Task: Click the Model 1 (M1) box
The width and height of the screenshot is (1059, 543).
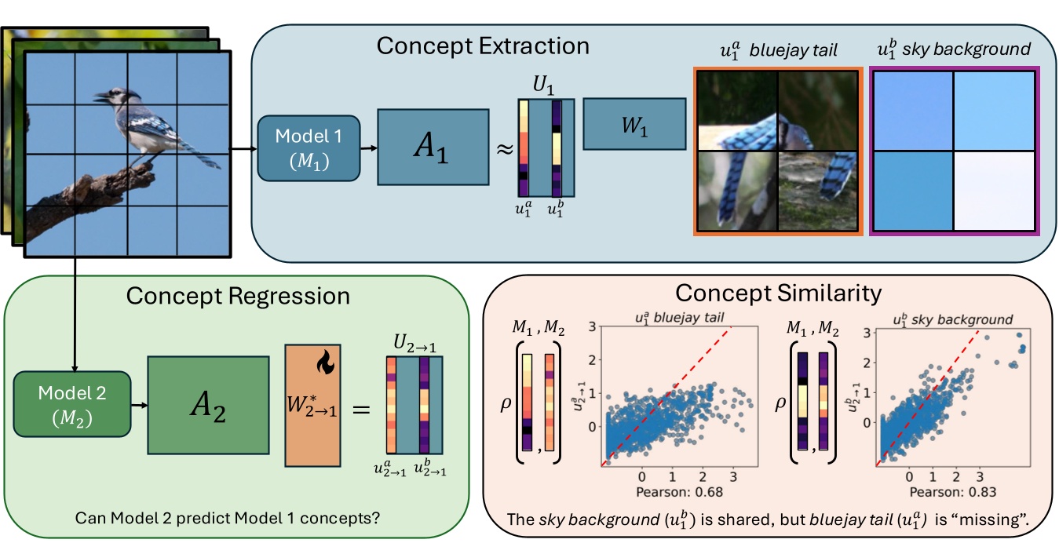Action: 309,147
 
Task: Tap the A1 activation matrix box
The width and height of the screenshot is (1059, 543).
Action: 433,148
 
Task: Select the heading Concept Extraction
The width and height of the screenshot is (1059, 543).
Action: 483,46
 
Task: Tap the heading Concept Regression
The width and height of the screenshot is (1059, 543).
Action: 237,296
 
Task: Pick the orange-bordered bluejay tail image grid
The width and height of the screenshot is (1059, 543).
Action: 776,151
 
